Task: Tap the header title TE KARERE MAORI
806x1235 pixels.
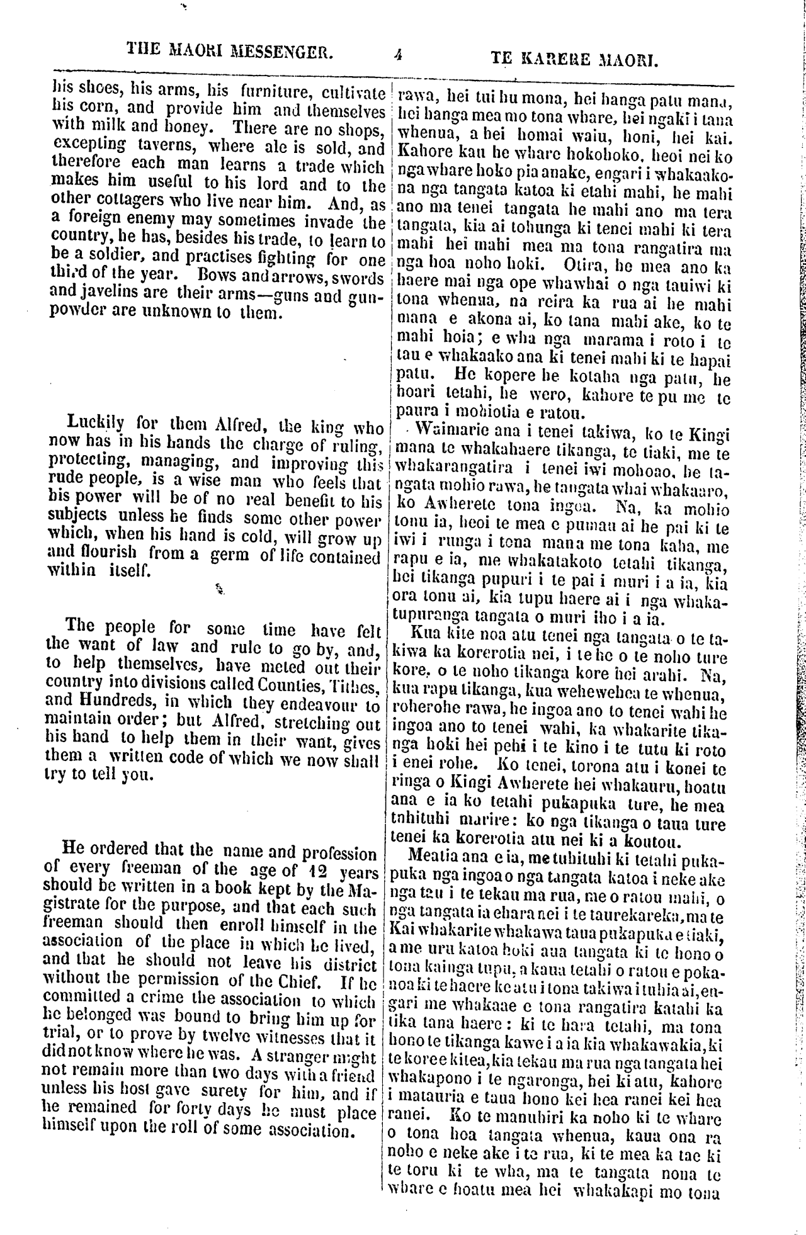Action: pyautogui.click(x=574, y=60)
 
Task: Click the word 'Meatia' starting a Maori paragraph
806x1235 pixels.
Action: pyautogui.click(x=431, y=856)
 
